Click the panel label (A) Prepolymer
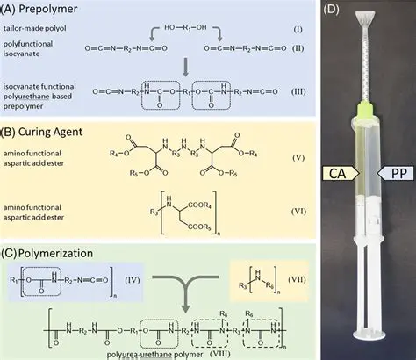coord(41,11)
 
